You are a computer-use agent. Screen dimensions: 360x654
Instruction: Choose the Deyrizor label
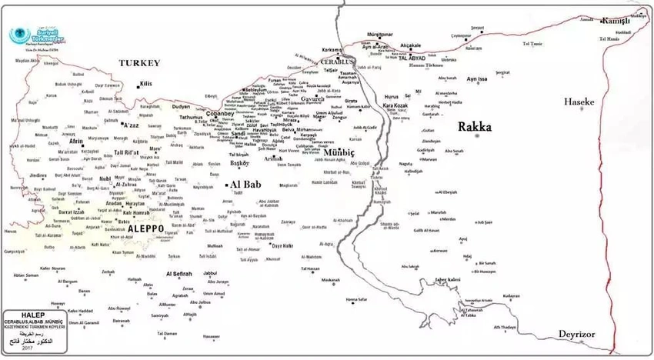(x=582, y=336)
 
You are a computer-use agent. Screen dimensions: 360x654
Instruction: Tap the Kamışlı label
(x=616, y=21)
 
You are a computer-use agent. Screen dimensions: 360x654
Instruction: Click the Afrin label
(x=76, y=142)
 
